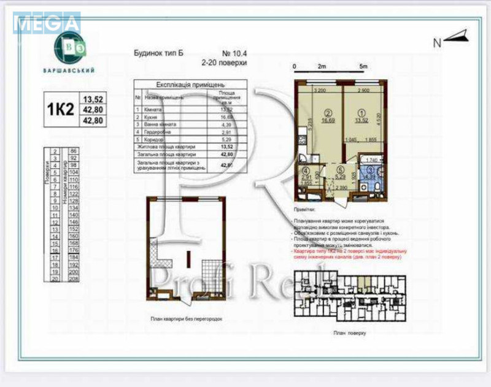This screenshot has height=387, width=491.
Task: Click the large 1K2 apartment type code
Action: pos(61,109)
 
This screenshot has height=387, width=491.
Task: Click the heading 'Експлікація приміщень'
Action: pos(182,86)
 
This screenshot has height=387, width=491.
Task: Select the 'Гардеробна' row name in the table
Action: pos(160,131)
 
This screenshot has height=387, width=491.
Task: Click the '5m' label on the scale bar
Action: pos(363,65)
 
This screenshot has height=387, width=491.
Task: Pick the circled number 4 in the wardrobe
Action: pos(306,172)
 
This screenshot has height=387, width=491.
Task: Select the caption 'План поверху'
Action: pos(349,332)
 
